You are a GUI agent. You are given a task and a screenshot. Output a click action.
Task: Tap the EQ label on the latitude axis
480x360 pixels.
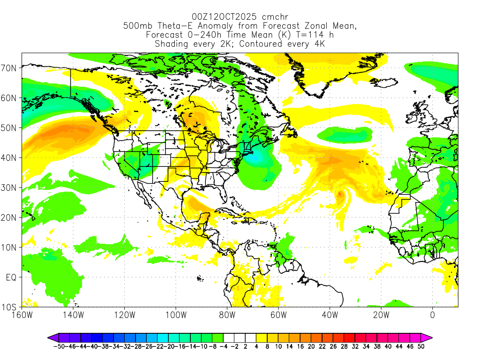click(11, 277)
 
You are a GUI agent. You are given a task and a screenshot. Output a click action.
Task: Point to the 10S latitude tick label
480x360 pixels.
click(10, 307)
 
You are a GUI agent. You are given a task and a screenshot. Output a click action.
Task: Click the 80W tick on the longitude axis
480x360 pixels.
click(227, 315)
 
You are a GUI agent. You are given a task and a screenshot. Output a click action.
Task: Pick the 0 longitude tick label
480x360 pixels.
click(432, 315)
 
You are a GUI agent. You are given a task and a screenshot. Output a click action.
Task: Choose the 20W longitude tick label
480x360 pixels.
click(381, 315)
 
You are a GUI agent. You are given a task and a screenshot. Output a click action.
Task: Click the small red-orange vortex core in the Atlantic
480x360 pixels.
click(340, 193)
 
